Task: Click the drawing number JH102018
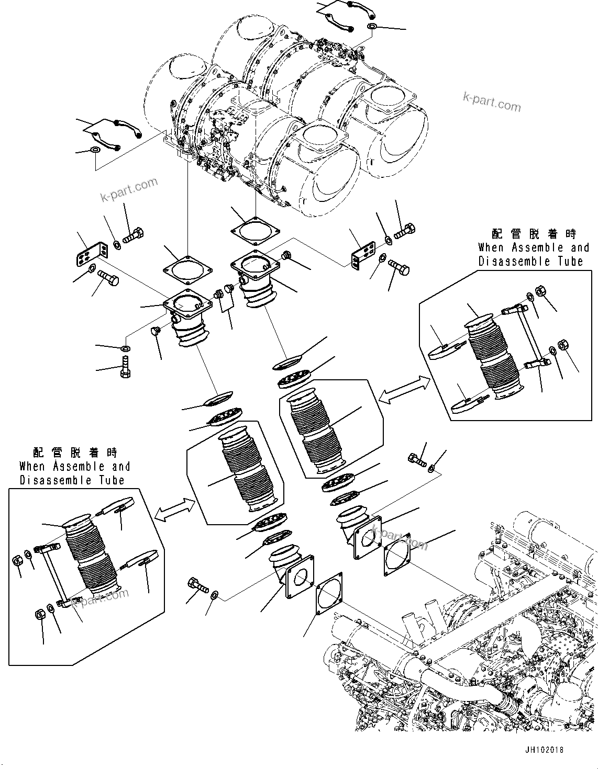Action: pos(545,750)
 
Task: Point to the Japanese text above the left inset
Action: pos(75,453)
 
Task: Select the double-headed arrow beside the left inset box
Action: pos(174,510)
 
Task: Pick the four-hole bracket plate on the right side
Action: pos(364,254)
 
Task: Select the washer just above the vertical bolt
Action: pos(126,348)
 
